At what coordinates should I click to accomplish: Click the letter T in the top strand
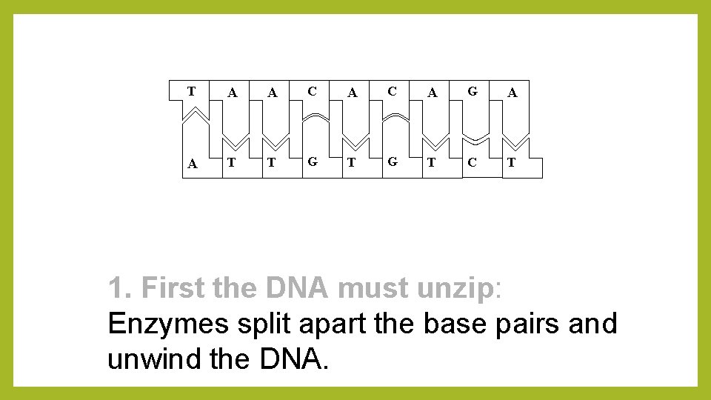[191, 91]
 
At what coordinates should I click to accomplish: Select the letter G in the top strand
[472, 91]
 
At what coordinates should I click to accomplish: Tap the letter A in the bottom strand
[193, 164]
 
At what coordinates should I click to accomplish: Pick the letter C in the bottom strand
[472, 162]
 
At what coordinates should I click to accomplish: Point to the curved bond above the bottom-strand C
[473, 141]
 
